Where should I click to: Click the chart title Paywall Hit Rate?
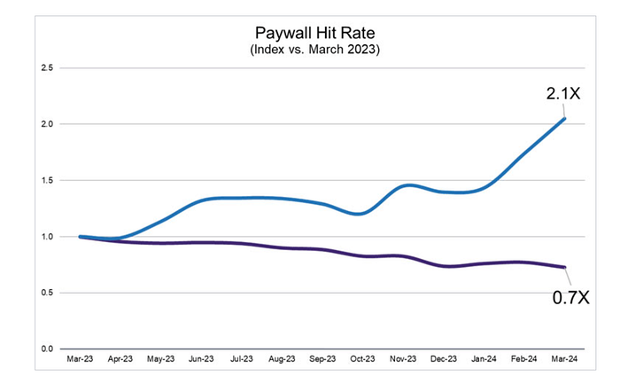click(310, 33)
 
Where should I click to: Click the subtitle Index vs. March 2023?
click(310, 50)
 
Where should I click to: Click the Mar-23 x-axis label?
click(81, 360)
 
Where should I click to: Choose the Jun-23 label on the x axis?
click(202, 360)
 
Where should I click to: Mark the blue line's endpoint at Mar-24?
click(565, 119)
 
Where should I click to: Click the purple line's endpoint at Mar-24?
click(565, 267)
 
